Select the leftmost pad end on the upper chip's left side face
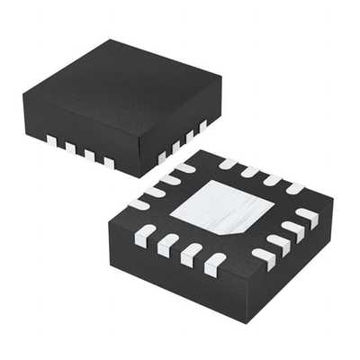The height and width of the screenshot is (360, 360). (x=51, y=140)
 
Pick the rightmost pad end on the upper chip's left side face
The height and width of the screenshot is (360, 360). (x=109, y=162)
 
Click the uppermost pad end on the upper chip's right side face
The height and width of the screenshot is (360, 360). (x=203, y=124)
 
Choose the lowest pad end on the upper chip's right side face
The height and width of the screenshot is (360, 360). (x=162, y=157)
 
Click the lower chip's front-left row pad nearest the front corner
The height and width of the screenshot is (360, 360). (x=213, y=265)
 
